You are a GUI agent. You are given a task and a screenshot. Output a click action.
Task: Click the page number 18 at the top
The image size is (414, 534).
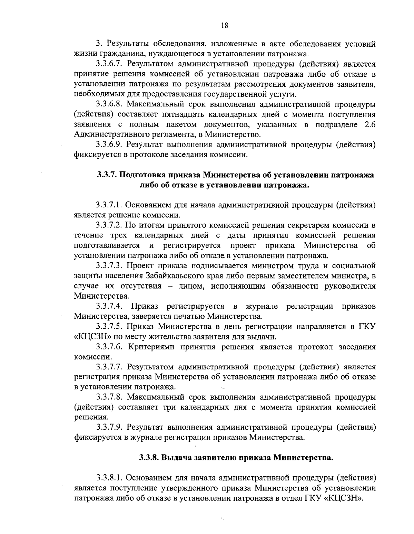[x=224, y=25]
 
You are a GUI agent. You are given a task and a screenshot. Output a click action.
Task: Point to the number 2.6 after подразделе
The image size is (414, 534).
[x=369, y=124]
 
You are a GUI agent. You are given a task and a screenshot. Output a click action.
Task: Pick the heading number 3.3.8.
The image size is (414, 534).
[x=148, y=458]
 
